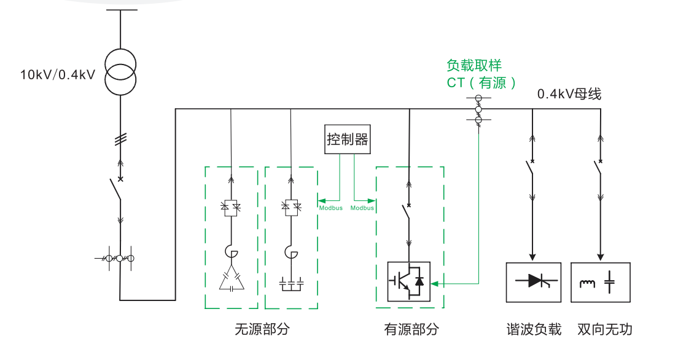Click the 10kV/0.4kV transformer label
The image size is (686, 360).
click(58, 76)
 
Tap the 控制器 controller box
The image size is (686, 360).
click(348, 139)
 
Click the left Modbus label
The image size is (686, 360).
click(331, 208)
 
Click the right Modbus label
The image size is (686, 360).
click(362, 208)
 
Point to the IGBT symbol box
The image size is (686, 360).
click(408, 281)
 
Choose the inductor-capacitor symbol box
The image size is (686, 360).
click(601, 282)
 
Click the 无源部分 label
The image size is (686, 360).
click(262, 329)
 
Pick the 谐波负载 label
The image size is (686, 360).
click(532, 329)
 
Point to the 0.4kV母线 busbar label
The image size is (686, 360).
click(569, 94)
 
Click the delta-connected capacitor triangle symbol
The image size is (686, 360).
click(231, 280)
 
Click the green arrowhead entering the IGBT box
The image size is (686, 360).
click(435, 284)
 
